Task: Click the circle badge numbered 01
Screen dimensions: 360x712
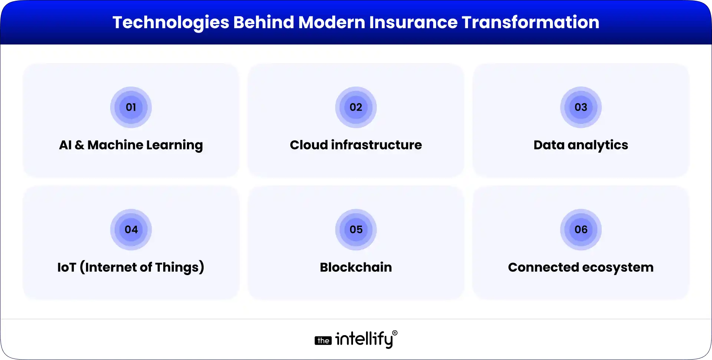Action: click(x=131, y=108)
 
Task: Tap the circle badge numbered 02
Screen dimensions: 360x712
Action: click(x=356, y=108)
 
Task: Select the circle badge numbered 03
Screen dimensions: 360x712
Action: click(x=581, y=108)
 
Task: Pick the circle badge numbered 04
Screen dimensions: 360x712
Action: click(x=131, y=230)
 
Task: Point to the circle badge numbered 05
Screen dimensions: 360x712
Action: click(x=356, y=230)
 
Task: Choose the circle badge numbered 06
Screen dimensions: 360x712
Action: click(x=581, y=230)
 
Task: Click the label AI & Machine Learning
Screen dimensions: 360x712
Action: click(x=131, y=145)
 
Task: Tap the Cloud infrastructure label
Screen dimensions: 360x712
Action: click(x=356, y=145)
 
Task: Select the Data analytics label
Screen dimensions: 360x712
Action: click(x=581, y=145)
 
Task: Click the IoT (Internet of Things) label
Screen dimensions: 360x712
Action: click(x=131, y=267)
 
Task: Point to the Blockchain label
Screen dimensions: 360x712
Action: click(x=356, y=267)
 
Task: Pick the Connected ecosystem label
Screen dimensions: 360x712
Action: click(x=581, y=267)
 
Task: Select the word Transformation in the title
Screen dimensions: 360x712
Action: click(x=530, y=22)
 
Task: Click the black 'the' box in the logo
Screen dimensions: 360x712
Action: click(x=323, y=341)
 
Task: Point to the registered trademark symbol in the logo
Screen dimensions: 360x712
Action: click(x=395, y=333)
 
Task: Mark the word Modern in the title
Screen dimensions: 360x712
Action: click(x=332, y=22)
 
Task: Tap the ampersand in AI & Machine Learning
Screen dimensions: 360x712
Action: click(x=79, y=145)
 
